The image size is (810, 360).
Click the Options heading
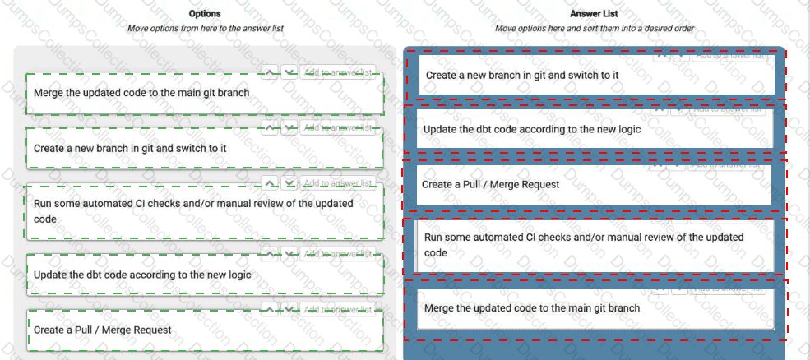click(x=205, y=13)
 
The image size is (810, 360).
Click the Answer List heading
click(x=595, y=13)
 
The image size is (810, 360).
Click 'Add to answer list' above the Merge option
click(x=338, y=72)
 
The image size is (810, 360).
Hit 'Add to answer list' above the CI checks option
click(x=338, y=182)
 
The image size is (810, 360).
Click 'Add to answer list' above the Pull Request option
click(x=338, y=309)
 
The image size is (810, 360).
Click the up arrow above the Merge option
click(x=270, y=72)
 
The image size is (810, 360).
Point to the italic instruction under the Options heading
click(x=205, y=28)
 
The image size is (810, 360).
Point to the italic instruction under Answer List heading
click(x=595, y=28)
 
